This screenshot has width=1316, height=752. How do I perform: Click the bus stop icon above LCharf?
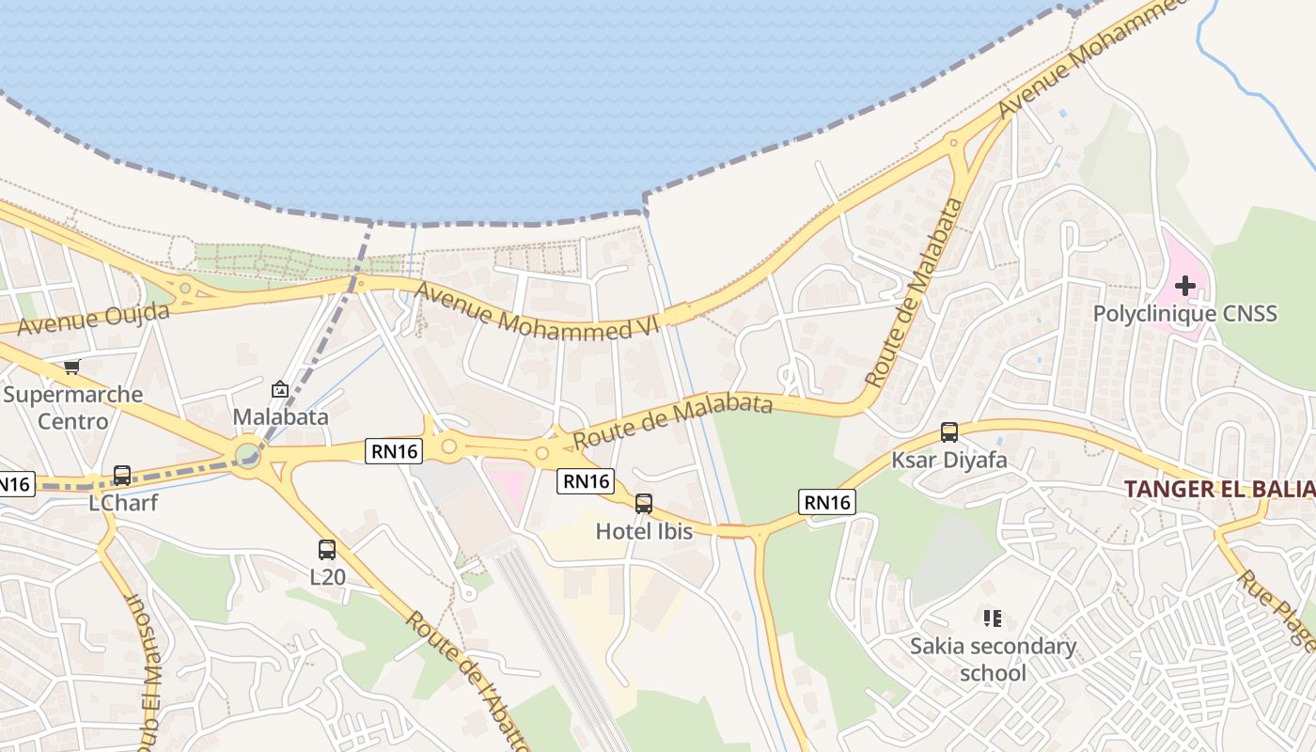pyautogui.click(x=122, y=476)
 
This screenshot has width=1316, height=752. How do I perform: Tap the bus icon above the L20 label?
pyautogui.click(x=327, y=550)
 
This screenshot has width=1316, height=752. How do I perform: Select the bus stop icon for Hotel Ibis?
pyautogui.click(x=644, y=504)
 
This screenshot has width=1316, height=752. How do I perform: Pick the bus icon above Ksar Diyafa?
pyautogui.click(x=949, y=432)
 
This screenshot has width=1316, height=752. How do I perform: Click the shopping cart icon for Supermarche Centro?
pyautogui.click(x=72, y=367)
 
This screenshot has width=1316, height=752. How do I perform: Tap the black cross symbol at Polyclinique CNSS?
pyautogui.click(x=1185, y=285)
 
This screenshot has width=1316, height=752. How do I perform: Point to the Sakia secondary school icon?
pyautogui.click(x=993, y=619)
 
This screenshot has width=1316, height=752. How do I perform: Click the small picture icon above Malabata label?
pyautogui.click(x=280, y=389)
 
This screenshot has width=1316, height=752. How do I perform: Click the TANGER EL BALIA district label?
pyautogui.click(x=1219, y=489)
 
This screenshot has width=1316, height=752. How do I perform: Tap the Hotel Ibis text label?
pyautogui.click(x=644, y=531)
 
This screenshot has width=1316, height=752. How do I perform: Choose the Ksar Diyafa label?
pyautogui.click(x=949, y=460)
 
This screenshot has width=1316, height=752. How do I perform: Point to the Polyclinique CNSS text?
pyautogui.click(x=1185, y=313)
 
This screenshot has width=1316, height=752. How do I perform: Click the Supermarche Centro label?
pyautogui.click(x=72, y=407)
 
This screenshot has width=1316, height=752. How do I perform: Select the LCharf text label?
pyautogui.click(x=123, y=503)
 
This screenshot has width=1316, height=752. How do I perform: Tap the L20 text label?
pyautogui.click(x=327, y=577)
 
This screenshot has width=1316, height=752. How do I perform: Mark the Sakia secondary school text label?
pyautogui.click(x=993, y=660)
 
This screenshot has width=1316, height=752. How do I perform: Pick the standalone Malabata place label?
pyautogui.click(x=280, y=416)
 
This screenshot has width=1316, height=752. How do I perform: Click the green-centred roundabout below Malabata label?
pyautogui.click(x=248, y=456)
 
